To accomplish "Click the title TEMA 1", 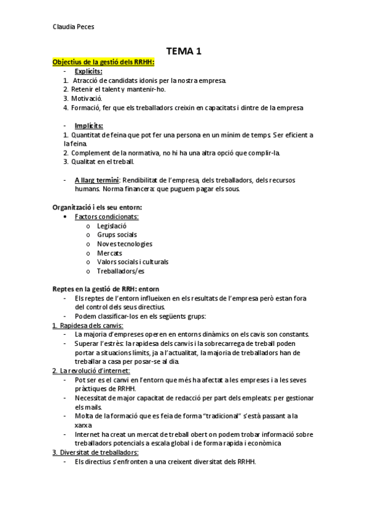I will (x=184, y=52).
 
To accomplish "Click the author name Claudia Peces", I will (x=74, y=26).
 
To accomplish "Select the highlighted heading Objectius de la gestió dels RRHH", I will (x=103, y=62).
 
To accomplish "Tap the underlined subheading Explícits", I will (x=88, y=71).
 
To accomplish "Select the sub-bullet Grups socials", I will (x=117, y=235).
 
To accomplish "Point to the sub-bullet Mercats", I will (x=109, y=253).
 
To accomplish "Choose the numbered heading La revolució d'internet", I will (x=93, y=370).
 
